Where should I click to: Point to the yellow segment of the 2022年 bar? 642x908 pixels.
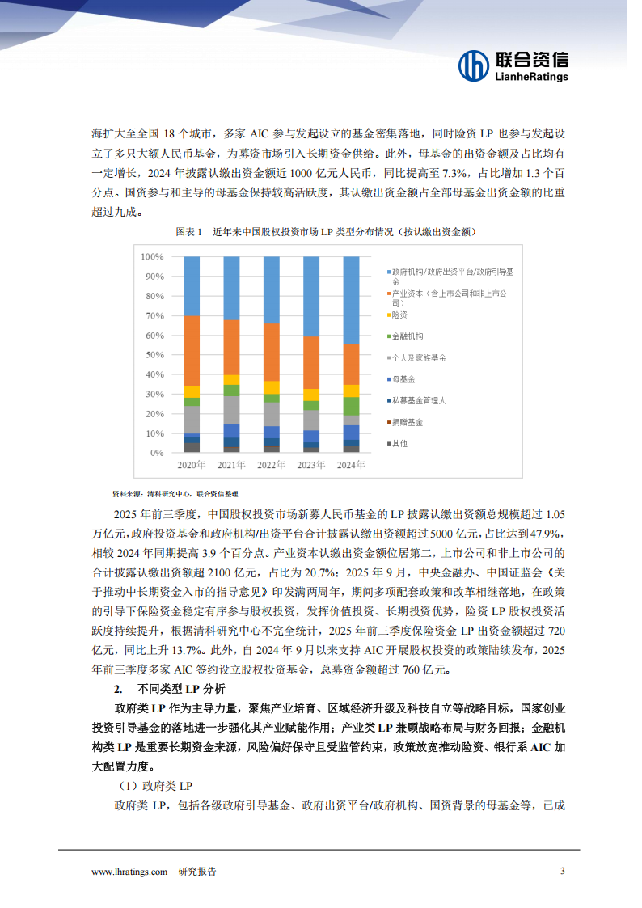click(x=271, y=387)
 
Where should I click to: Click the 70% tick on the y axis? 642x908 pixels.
click(x=152, y=315)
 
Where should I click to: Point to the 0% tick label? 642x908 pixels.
click(x=154, y=453)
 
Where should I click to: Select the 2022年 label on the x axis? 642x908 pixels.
click(x=271, y=466)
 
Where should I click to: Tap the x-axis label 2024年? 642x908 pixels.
click(x=351, y=466)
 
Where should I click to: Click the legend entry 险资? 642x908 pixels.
click(x=399, y=315)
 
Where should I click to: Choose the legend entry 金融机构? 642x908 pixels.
click(x=408, y=336)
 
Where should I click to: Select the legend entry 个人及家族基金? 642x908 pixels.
click(x=419, y=357)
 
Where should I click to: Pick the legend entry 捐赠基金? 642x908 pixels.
click(x=408, y=422)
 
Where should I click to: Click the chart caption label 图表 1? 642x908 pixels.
click(x=188, y=231)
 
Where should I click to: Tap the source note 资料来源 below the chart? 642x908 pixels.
click(x=127, y=493)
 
